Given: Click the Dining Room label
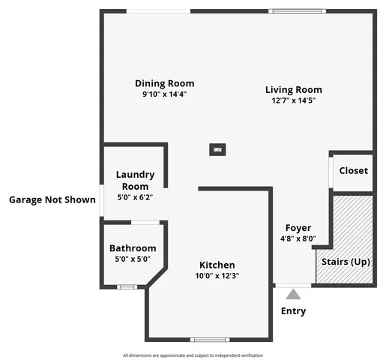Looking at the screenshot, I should coord(164,83).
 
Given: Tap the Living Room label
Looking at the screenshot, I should coord(289,90).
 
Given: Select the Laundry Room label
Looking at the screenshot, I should coord(135,180).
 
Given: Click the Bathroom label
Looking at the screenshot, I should coord(133,248).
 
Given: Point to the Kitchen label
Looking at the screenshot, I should coord(217,265).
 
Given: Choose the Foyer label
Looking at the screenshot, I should coord(298,228).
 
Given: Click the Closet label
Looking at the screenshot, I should coord(353,170).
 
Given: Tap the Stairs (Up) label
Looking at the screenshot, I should coord(346,262).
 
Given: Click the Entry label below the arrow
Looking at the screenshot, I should coord(293,311).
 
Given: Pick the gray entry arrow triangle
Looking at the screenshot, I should coord(293,295).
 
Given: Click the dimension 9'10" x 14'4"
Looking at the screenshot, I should coord(164,94).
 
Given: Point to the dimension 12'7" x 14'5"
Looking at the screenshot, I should coord(289,100).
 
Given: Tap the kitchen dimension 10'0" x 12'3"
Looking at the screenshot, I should coord(217,276).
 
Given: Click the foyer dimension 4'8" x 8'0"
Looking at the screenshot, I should coord(298,239).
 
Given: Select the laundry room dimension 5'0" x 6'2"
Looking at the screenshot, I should coord(135,197).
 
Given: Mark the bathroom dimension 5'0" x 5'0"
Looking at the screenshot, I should coord(133,259).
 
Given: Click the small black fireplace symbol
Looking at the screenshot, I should coord(217,149).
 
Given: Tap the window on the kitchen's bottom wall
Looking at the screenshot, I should coord(209,340).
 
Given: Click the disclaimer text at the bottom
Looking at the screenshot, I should coord(193,355).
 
